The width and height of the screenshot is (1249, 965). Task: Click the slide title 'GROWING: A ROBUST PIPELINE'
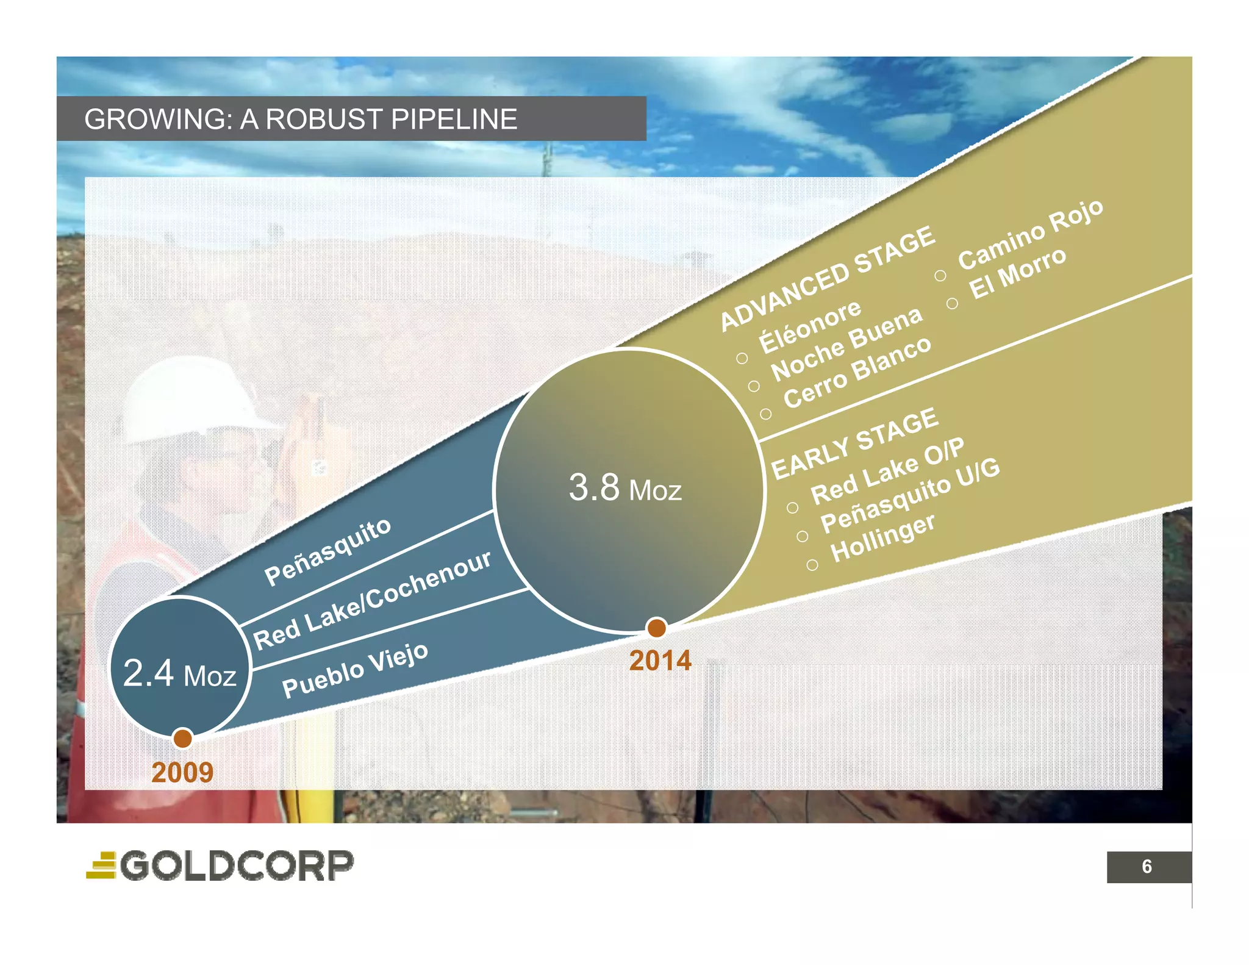[x=301, y=119]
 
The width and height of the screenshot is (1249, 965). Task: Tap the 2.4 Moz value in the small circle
[x=179, y=674]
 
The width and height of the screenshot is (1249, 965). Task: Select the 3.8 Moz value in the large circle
[x=625, y=488]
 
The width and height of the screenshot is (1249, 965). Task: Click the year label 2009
[x=182, y=772]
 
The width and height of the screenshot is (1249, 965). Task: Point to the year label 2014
[x=660, y=661]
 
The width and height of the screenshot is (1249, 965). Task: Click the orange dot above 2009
[x=182, y=738]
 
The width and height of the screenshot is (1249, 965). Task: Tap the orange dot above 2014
[x=656, y=627]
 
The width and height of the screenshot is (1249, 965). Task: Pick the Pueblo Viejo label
[x=355, y=670]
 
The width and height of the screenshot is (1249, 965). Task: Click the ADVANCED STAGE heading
[x=827, y=278]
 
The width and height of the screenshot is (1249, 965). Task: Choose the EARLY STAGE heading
[x=854, y=443]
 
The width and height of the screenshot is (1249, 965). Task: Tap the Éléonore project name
[x=810, y=326]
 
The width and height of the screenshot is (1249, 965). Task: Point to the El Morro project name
[x=1018, y=273]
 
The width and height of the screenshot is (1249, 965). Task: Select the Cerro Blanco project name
[x=857, y=373]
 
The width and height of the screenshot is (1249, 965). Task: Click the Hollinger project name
[x=882, y=538]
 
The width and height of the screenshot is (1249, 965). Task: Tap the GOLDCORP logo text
[x=237, y=866]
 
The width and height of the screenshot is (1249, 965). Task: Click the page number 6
[x=1147, y=866]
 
